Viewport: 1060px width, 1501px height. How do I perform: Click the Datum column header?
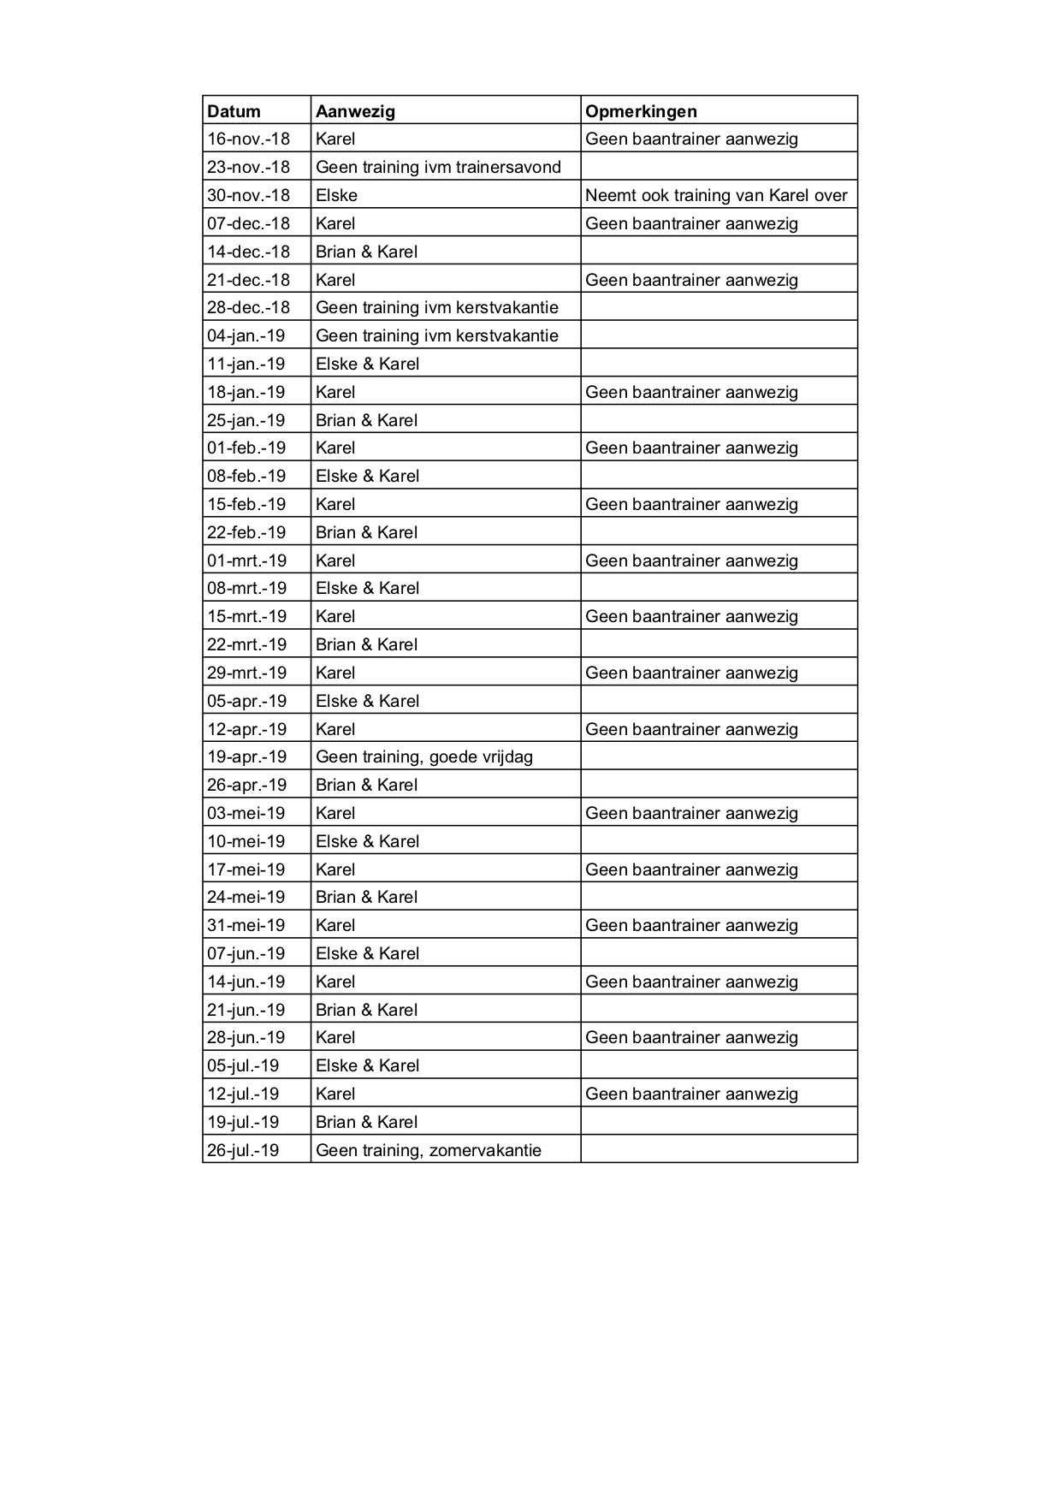tap(234, 111)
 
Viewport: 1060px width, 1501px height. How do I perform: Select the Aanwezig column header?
tap(355, 111)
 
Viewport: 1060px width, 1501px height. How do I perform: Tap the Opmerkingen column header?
tap(641, 111)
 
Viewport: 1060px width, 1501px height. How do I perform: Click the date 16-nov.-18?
tap(248, 139)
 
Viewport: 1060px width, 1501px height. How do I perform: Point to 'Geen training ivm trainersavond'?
tap(438, 167)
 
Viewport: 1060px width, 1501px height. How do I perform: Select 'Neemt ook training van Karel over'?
tap(716, 195)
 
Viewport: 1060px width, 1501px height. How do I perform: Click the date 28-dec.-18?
tap(248, 307)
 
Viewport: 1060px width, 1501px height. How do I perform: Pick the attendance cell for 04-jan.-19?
tap(436, 335)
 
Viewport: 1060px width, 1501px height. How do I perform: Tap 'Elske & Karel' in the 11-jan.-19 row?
tap(367, 364)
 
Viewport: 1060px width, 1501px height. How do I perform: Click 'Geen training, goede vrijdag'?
tap(424, 756)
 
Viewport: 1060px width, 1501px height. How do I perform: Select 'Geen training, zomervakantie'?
tap(429, 1150)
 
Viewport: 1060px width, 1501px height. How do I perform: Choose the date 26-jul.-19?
tap(243, 1150)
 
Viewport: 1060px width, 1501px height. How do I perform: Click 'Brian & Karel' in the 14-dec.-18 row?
tap(366, 252)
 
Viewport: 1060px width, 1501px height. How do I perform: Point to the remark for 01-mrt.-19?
tap(691, 561)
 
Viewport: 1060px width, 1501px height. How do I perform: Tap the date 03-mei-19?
tap(246, 813)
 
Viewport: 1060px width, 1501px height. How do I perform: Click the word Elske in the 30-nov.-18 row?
tap(336, 195)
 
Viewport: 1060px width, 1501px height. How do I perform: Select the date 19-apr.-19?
tap(246, 756)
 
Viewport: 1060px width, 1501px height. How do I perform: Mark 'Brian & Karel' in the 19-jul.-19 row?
tap(366, 1122)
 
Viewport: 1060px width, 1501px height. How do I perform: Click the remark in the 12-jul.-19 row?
tap(691, 1094)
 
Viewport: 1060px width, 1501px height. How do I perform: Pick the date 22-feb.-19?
tap(246, 532)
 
